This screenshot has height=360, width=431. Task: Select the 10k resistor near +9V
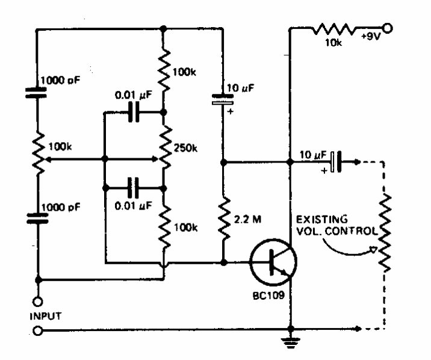[335, 28]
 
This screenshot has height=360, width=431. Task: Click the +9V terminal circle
[388, 28]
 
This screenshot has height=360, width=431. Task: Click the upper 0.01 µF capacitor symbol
[134, 113]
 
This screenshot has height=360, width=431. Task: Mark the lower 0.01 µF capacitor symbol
[134, 187]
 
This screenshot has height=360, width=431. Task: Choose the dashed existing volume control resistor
[383, 232]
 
